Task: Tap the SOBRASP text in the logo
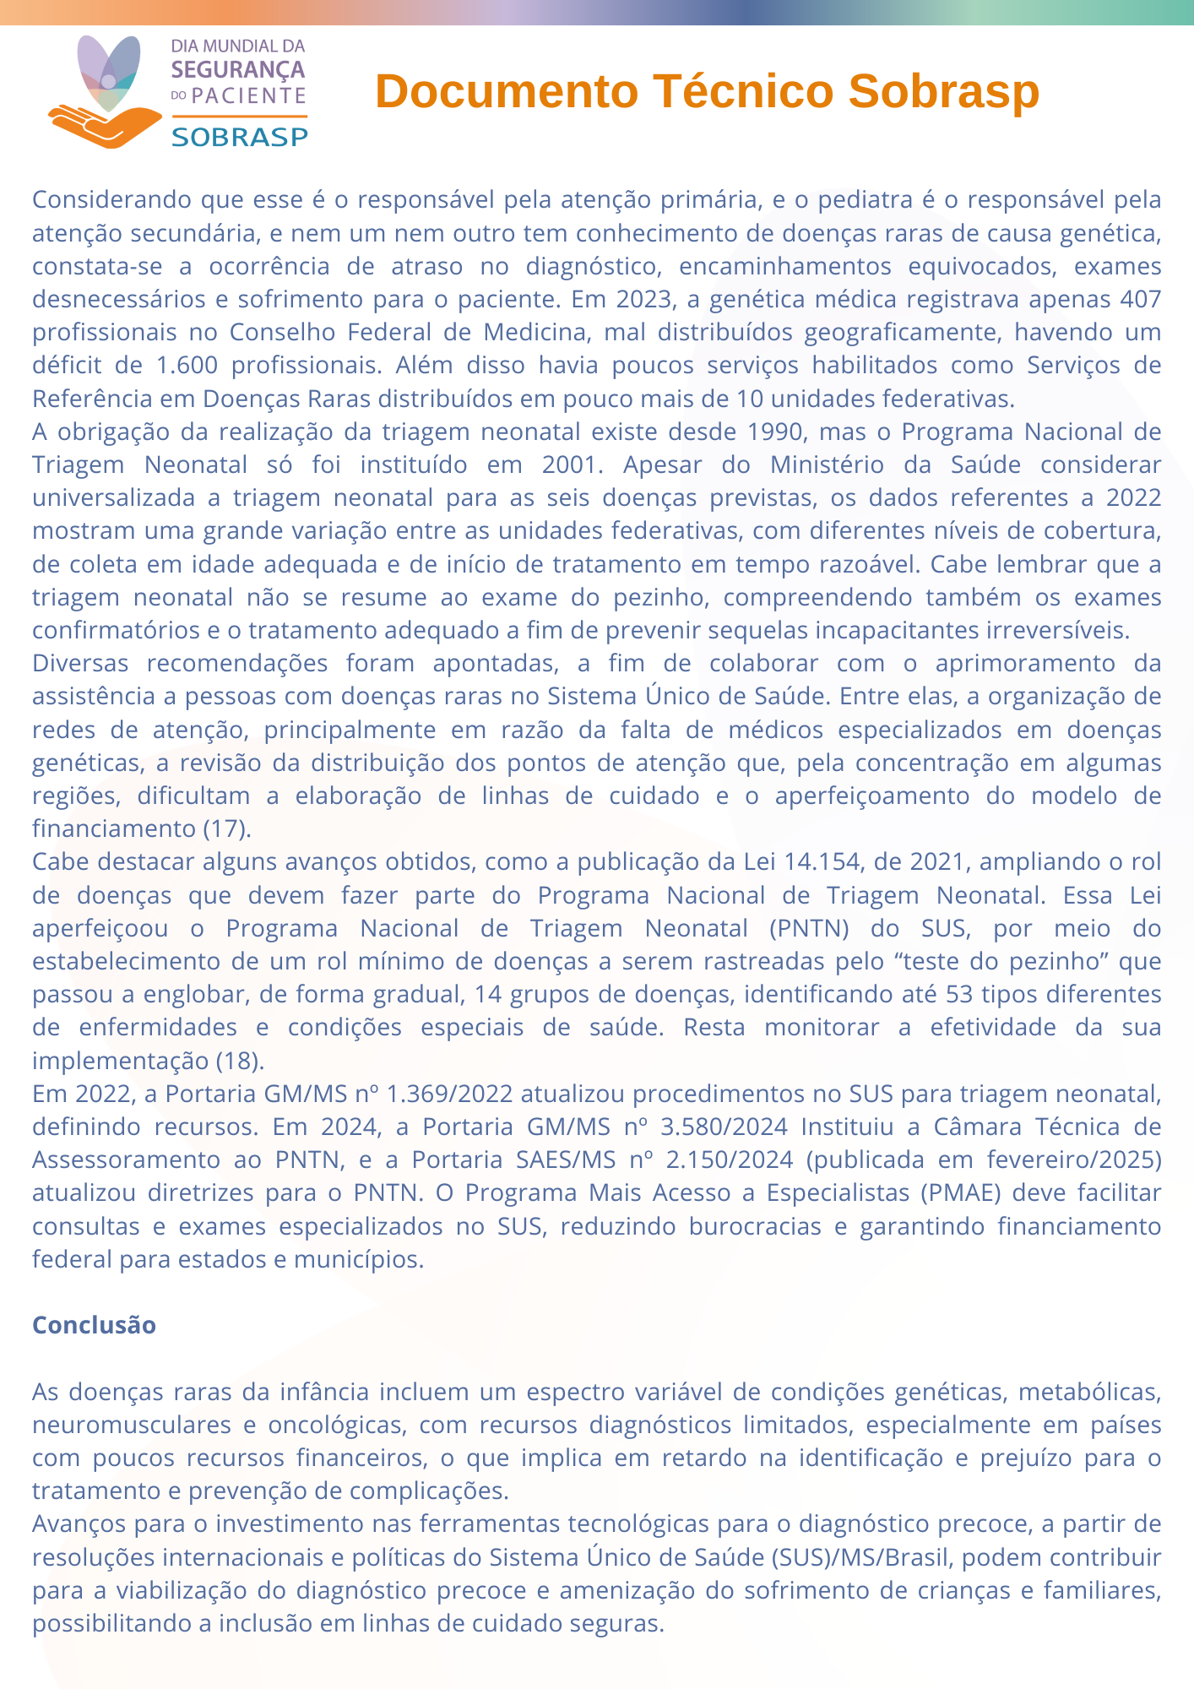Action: pyautogui.click(x=240, y=137)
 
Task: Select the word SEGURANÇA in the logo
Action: pyautogui.click(x=237, y=70)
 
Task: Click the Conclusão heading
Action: pyautogui.click(x=94, y=1325)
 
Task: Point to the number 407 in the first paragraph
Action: pyautogui.click(x=1137, y=299)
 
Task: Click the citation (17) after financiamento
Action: pyautogui.click(x=227, y=828)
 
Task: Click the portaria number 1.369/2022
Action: pyautogui.click(x=449, y=1094)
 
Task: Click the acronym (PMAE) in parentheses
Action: pyautogui.click(x=958, y=1192)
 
